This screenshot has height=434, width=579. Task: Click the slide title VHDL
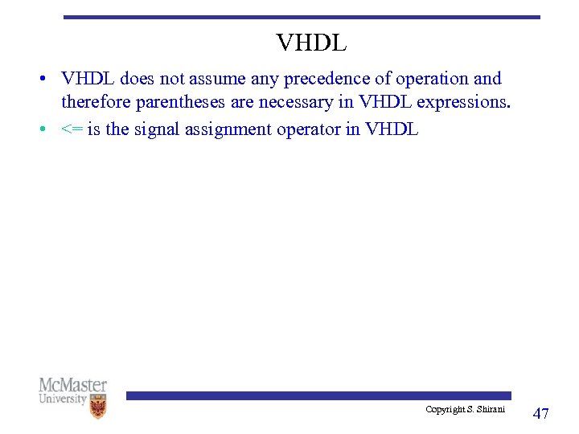coord(311,43)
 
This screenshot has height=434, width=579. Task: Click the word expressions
coord(462,103)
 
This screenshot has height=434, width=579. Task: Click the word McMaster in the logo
coord(72,385)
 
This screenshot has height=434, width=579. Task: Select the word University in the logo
coord(63,399)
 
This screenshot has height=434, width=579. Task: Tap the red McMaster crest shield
coord(98,407)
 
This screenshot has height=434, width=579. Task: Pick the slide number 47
coord(541,413)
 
